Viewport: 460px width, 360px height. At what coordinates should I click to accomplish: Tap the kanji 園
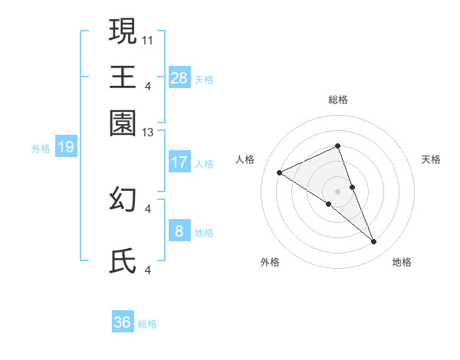123,123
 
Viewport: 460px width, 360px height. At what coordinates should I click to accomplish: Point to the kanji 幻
123,199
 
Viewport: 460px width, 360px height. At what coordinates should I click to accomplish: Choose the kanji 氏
123,262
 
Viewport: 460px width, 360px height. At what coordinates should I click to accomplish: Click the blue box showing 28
179,77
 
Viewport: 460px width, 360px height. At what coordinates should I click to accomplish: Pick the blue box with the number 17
179,162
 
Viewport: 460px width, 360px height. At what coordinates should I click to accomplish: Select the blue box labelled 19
65,147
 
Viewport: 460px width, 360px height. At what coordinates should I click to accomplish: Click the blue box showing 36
123,322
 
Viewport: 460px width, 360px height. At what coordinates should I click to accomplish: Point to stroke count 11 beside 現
148,38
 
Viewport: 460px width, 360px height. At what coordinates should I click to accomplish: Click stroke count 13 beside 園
148,133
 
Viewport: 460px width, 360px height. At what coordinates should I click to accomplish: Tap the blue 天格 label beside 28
204,79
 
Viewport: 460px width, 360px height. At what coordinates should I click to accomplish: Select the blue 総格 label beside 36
147,324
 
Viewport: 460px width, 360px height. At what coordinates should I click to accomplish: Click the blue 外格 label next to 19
40,149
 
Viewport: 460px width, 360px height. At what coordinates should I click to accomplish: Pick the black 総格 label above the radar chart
337,100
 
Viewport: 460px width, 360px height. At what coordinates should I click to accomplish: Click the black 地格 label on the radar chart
402,262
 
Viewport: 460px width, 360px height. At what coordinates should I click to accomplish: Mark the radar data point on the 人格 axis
280,173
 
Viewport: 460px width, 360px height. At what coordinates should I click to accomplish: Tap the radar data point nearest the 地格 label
374,242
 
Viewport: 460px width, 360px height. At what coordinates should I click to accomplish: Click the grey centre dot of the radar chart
337,191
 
